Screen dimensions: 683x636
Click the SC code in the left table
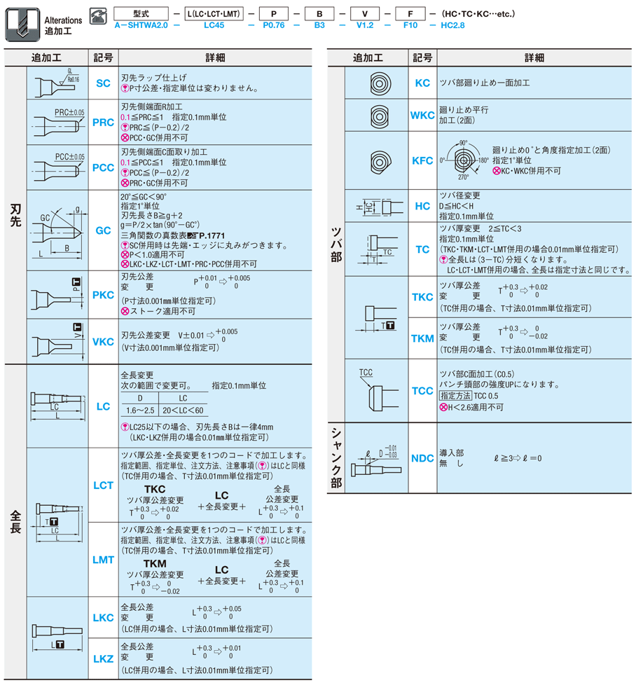pyautogui.click(x=103, y=83)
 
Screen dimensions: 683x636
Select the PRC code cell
pyautogui.click(x=103, y=122)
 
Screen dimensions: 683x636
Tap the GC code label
pyautogui.click(x=103, y=230)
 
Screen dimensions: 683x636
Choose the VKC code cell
pyautogui.click(x=103, y=342)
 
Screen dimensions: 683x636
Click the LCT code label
pyautogui.click(x=103, y=485)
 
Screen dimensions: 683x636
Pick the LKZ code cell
pyautogui.click(x=103, y=658)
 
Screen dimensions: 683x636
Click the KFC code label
pyautogui.click(x=422, y=160)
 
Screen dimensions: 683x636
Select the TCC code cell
pyautogui.click(x=422, y=390)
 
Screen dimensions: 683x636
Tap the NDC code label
pyautogui.click(x=422, y=458)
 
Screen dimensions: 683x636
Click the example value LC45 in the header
pyautogui.click(x=214, y=25)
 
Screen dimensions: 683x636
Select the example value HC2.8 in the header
pyautogui.click(x=452, y=25)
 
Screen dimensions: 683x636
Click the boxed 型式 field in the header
pyautogui.click(x=141, y=13)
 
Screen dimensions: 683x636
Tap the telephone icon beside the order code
pyautogui.click(x=99, y=13)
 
